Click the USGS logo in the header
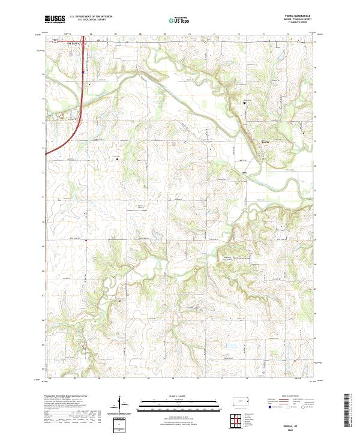(55, 19)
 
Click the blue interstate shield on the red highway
(83, 71)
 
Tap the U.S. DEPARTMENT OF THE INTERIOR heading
(92, 17)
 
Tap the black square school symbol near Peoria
(244, 103)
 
